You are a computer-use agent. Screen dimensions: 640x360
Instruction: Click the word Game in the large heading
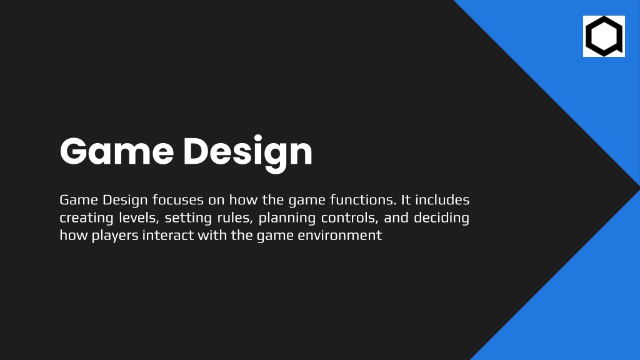pos(117,151)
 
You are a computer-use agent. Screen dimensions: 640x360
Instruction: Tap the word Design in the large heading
pos(247,154)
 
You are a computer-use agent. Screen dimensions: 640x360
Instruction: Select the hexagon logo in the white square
pos(604,36)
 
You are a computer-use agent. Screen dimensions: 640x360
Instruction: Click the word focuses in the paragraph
pos(178,200)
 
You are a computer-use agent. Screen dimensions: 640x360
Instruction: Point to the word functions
pos(363,200)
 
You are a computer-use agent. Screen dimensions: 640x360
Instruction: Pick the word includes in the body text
pos(442,200)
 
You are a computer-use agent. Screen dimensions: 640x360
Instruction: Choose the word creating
pos(86,218)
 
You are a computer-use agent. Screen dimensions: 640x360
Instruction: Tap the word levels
pos(139,218)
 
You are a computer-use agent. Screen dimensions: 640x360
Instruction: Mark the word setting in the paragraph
pos(188,218)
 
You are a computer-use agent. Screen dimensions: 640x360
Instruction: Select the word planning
pos(287,218)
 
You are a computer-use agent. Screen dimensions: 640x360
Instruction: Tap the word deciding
pos(442,218)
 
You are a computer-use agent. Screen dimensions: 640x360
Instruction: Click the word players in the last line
pos(115,236)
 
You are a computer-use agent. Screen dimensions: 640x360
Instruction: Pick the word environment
pos(339,236)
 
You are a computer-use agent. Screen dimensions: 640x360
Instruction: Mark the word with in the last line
pos(212,236)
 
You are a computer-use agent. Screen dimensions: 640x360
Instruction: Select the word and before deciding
pos(396,218)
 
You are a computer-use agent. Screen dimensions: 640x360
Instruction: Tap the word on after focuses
pos(216,201)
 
